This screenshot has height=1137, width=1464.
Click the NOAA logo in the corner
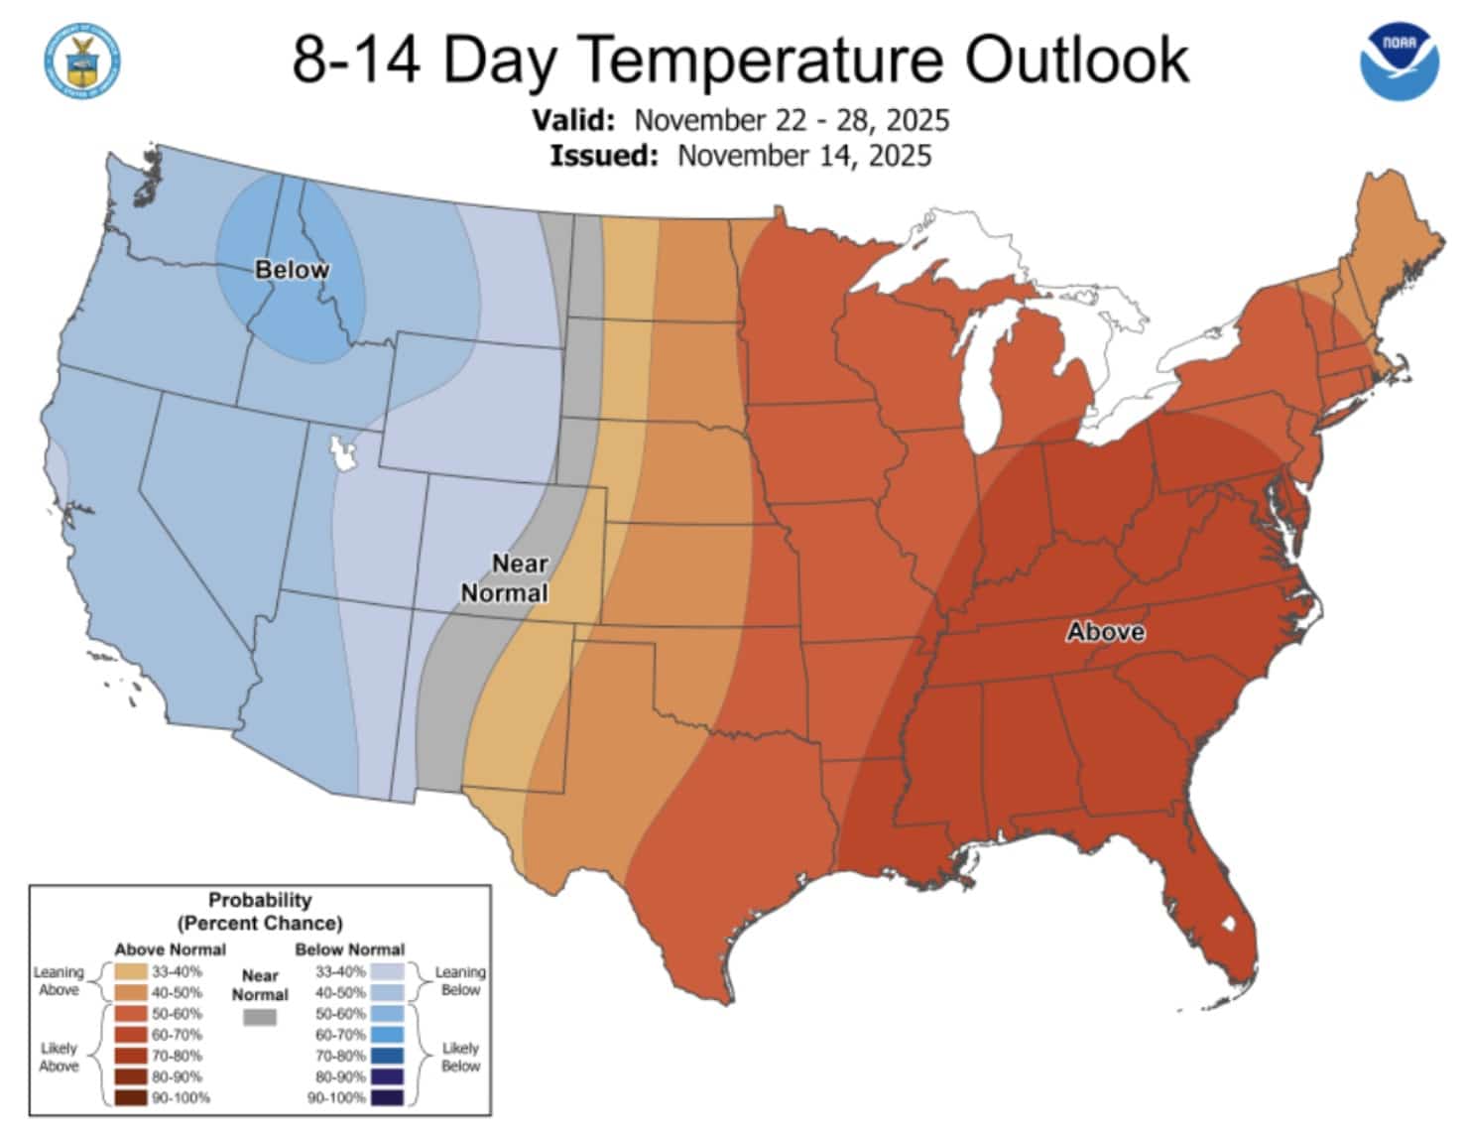point(1399,63)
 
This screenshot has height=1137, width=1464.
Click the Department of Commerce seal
point(82,62)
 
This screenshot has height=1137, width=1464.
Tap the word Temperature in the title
point(764,59)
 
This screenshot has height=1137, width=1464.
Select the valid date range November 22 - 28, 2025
point(792,120)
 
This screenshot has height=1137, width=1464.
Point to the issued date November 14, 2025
point(804,156)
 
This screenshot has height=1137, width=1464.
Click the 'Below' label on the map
point(292,270)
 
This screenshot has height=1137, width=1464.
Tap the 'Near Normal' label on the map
point(506,578)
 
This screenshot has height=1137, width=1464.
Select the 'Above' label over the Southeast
point(1105,632)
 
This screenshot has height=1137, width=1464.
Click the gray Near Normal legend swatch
point(260,1017)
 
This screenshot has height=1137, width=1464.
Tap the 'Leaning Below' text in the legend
point(460,980)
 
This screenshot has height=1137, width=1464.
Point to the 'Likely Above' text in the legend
point(59,1057)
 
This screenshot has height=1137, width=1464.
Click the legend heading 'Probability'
point(260,900)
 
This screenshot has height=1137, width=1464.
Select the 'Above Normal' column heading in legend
point(170,948)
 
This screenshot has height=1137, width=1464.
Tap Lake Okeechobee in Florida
point(1230,924)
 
